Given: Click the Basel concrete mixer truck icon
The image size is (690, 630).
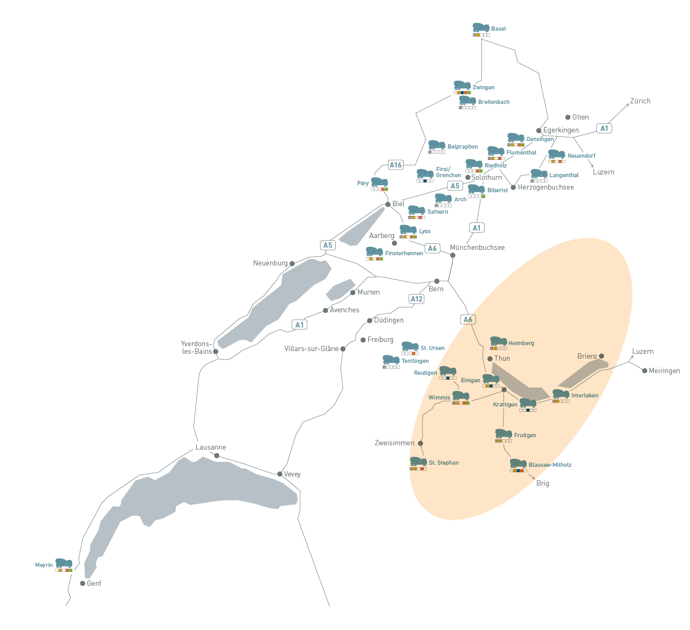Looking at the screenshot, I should (481, 27).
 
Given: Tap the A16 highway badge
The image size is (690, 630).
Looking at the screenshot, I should (396, 165).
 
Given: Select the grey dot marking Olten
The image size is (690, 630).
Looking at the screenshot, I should (568, 117).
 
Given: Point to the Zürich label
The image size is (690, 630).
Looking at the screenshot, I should (640, 101).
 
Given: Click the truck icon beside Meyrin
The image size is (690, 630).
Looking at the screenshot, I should (64, 563).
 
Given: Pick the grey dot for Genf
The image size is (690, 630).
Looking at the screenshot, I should (82, 583).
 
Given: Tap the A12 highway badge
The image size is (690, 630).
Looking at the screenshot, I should (417, 299).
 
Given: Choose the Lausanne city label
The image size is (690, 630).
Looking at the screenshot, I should (211, 447).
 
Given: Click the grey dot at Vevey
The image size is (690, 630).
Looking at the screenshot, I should (280, 474).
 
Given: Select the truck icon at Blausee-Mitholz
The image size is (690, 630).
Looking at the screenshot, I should (518, 463).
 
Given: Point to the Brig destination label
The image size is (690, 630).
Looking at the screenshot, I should (543, 483).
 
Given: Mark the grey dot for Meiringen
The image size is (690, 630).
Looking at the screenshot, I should (645, 370).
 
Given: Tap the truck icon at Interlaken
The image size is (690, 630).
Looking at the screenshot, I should (561, 394).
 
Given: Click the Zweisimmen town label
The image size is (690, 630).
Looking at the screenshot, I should (395, 443).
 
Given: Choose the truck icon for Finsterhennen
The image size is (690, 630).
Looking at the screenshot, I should (374, 251).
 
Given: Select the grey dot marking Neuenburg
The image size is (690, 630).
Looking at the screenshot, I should (292, 264).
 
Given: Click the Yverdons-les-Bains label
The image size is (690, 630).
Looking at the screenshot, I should (197, 347).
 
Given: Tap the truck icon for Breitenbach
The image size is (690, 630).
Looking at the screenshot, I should (467, 100).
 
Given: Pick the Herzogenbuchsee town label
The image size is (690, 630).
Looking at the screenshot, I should (546, 187).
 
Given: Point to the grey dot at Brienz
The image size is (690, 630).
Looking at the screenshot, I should (602, 356).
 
